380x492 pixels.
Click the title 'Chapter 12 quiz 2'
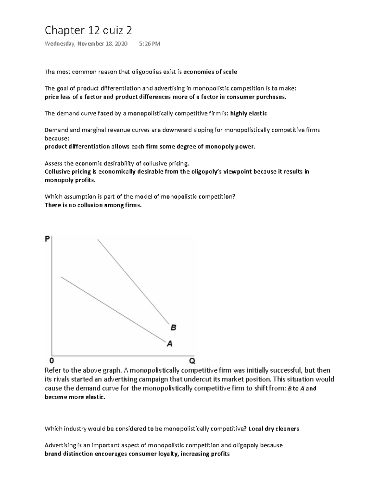coord(88,31)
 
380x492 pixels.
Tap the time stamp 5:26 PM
coord(149,44)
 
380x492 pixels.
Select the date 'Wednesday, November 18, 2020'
coord(86,44)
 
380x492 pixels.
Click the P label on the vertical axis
coord(47,239)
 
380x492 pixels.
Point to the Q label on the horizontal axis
coord(192,361)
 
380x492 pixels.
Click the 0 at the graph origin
coord(52,361)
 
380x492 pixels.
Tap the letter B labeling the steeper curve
coord(173,328)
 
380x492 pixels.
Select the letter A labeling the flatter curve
coord(170,343)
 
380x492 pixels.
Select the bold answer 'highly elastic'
coord(249,113)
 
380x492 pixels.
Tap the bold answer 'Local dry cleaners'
coord(274,429)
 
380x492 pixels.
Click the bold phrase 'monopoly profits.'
coord(70,180)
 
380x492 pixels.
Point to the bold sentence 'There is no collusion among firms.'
coord(93,205)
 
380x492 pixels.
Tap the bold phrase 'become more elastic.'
coord(75,397)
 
